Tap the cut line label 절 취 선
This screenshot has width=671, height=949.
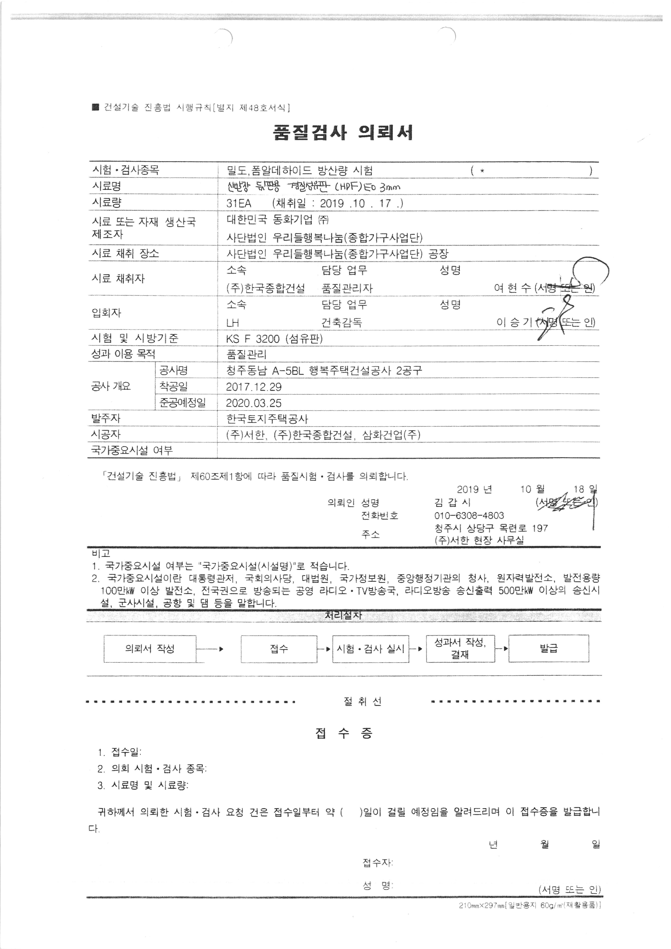tap(362, 701)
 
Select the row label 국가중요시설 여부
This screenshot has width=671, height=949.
tap(132, 450)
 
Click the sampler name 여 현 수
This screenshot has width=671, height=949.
tap(512, 288)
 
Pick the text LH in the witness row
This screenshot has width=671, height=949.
tap(233, 323)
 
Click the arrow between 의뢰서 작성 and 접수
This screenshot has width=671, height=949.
tap(211, 649)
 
